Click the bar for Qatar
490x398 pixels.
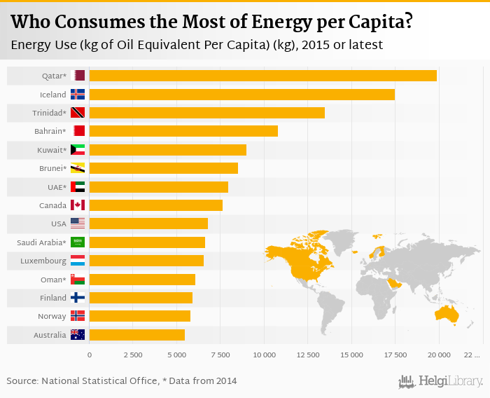point(262,76)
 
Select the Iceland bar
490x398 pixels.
point(241,94)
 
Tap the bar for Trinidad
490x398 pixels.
point(206,113)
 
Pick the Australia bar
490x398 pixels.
point(136,335)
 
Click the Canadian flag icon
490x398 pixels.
point(78,205)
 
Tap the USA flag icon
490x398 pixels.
point(78,224)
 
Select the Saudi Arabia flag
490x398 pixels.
point(78,242)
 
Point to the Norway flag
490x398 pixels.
point(78,317)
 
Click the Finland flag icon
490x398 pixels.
point(78,298)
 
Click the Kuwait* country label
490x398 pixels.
point(52,150)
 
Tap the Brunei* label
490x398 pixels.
point(52,168)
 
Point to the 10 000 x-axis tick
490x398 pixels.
point(264,355)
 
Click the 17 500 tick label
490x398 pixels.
point(395,355)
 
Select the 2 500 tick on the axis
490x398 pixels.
point(133,355)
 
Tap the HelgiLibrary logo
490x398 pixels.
point(441,381)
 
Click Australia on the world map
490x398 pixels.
point(447,315)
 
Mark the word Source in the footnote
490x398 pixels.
point(22,381)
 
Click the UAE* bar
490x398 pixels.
point(158,187)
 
